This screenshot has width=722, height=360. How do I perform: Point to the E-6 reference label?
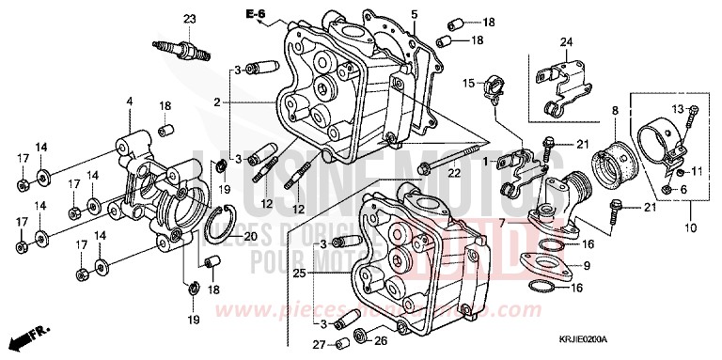click(x=255, y=13)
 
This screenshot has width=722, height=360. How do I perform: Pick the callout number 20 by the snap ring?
click(x=249, y=236)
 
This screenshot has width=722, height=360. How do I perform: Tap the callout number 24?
click(x=565, y=41)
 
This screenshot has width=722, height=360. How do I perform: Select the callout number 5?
click(x=414, y=13)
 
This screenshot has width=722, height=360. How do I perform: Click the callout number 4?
click(x=130, y=102)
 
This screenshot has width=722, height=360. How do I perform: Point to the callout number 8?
click(x=614, y=111)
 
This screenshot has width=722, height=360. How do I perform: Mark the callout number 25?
click(x=300, y=275)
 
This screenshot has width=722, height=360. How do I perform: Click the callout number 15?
click(x=466, y=83)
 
